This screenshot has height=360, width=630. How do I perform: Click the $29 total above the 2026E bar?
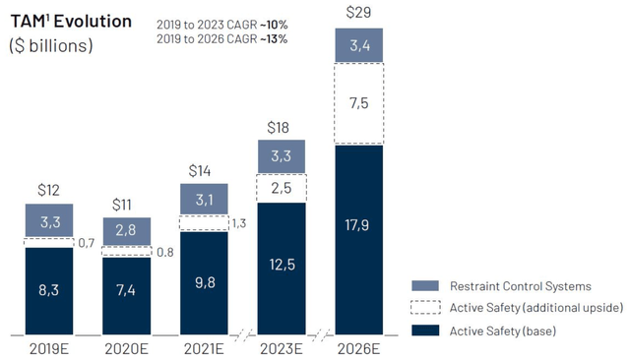pos(358,12)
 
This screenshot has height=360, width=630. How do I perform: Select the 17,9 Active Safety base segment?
pos(359,240)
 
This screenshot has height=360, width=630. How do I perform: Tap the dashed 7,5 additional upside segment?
pos(359,103)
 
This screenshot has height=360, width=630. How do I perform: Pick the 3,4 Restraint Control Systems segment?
pos(359,45)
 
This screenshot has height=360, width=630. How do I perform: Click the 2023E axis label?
pos(282,349)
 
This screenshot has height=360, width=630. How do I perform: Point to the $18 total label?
pos(278,128)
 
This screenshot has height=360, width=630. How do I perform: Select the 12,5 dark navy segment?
pos(282,269)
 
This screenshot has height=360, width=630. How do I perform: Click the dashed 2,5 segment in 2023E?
pos(282,188)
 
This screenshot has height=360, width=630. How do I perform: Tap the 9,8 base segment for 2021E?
pos(204,283)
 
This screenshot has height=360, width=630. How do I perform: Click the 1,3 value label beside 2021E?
pos(239,223)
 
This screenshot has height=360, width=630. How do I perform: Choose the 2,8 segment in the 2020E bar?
pos(127,231)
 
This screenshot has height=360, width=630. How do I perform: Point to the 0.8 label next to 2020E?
pos(165,252)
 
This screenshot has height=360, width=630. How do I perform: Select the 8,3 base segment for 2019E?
pos(49,291)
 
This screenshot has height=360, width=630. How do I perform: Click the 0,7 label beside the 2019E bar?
pos(87,242)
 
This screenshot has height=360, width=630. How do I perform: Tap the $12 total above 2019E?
pos(48,190)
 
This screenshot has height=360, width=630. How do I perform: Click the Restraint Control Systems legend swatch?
pos(425,286)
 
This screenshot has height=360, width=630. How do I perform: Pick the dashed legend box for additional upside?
pos(425,307)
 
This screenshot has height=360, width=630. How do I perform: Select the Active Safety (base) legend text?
pos(503,331)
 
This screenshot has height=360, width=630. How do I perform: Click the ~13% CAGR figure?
pos(274,39)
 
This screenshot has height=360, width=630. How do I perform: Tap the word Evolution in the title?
pos(93,22)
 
